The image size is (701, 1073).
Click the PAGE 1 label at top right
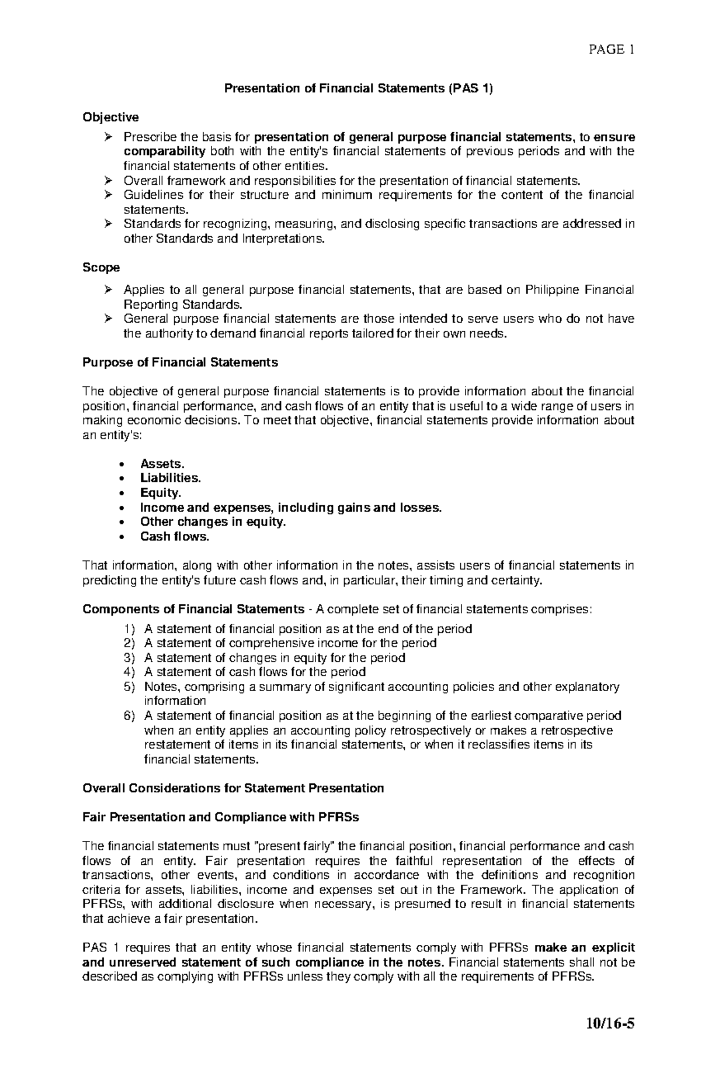pyautogui.click(x=612, y=50)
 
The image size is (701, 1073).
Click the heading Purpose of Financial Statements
pyautogui.click(x=180, y=363)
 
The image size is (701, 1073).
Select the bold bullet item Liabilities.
pyautogui.click(x=171, y=478)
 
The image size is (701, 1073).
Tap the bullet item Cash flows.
pyautogui.click(x=174, y=537)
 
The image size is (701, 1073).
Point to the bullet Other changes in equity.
pyautogui.click(x=213, y=522)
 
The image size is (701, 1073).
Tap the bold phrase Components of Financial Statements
pyautogui.click(x=193, y=609)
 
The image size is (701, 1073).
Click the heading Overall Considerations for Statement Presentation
pyautogui.click(x=233, y=788)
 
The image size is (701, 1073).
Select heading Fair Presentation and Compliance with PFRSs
pyautogui.click(x=221, y=817)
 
